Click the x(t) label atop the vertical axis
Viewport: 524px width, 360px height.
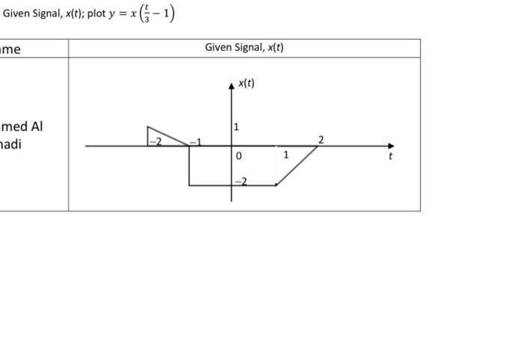pyautogui.click(x=246, y=83)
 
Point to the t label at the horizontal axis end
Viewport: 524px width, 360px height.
pyautogui.click(x=390, y=156)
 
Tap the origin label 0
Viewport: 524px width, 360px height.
pyautogui.click(x=239, y=156)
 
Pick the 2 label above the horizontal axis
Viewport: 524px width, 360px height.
pyautogui.click(x=321, y=139)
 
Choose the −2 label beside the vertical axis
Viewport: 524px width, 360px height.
pyautogui.click(x=240, y=181)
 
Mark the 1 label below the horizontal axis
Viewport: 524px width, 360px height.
pyautogui.click(x=286, y=155)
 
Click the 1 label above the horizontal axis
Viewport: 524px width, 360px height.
pyautogui.click(x=237, y=127)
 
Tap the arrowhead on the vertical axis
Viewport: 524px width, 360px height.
pyautogui.click(x=231, y=86)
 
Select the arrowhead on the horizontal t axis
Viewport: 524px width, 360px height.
pyautogui.click(x=389, y=146)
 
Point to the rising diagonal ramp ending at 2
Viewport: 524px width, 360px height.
pyautogui.click(x=297, y=165)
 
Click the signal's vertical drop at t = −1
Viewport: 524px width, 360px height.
pyautogui.click(x=189, y=165)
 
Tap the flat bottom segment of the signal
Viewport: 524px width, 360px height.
pyautogui.click(x=232, y=185)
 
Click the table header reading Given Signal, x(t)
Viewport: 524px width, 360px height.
pyautogui.click(x=244, y=48)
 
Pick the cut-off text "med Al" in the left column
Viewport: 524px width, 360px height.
pyautogui.click(x=22, y=126)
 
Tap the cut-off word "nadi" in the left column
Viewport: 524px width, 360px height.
pyautogui.click(x=11, y=144)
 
